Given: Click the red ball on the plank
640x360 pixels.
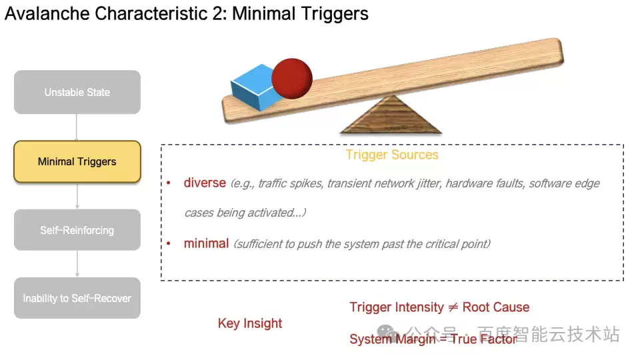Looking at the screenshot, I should [291, 77].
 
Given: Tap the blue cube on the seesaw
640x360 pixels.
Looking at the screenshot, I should [253, 87].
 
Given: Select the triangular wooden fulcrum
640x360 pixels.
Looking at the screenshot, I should [390, 117].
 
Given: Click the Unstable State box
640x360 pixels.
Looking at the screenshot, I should [77, 92].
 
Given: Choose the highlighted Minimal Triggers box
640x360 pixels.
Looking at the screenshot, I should [77, 161].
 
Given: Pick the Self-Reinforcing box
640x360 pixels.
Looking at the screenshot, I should [77, 230].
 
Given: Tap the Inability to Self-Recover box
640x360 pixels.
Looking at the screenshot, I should [77, 298].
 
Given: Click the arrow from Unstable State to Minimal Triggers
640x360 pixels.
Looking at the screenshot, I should [77, 127].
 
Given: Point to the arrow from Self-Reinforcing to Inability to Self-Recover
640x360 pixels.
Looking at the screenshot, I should [77, 263].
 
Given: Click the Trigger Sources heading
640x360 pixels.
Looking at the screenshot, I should [392, 155].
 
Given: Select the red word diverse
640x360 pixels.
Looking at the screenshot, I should [205, 183].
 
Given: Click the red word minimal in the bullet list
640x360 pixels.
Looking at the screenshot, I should [206, 243].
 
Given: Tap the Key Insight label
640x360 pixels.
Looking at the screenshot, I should [250, 323].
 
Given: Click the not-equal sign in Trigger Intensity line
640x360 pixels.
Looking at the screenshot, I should [453, 307].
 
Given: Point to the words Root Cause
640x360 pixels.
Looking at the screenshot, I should [496, 307].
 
